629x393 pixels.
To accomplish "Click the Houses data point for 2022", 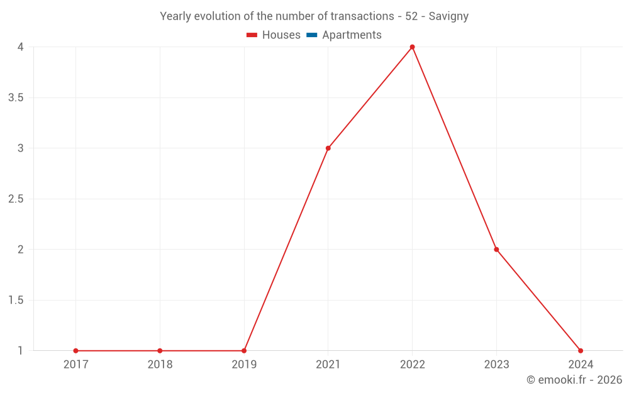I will click(412, 47).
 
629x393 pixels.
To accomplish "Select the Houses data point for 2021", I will click(328, 148).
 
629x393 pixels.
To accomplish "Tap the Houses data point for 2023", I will click(496, 250).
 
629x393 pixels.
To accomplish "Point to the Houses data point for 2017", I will click(75, 351).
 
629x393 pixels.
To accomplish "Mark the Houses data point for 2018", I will click(160, 351).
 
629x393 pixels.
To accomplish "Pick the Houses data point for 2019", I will click(244, 351).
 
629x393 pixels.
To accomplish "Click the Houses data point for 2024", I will click(581, 351).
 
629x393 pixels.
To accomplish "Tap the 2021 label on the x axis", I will click(328, 365).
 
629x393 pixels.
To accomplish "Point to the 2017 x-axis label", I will click(75, 365).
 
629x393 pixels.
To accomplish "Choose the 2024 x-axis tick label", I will click(581, 365).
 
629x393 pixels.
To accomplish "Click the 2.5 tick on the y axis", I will click(16, 199).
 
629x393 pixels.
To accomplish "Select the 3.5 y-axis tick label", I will click(16, 98).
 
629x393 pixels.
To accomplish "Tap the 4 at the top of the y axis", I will click(21, 47).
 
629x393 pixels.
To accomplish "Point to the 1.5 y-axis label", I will click(16, 301).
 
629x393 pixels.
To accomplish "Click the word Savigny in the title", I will click(448, 16).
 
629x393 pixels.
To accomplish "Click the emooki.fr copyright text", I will click(574, 380).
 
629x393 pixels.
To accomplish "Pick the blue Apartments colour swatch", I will click(311, 35).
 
